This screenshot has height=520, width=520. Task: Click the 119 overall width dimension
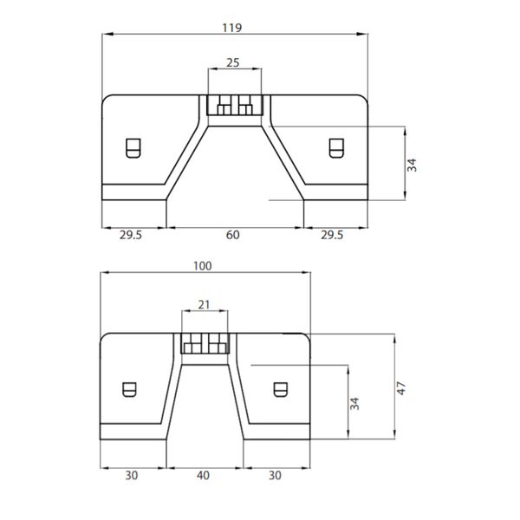232,27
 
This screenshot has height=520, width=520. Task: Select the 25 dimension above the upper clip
233,62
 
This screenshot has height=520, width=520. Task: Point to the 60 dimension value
233,235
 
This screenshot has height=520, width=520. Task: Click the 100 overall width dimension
204,266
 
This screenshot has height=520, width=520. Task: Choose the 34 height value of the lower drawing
355,403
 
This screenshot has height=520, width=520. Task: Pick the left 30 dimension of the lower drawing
132,475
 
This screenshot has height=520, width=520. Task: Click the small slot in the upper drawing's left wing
133,148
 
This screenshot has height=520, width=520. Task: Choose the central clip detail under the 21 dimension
205,344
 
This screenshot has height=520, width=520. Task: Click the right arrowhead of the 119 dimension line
362,35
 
